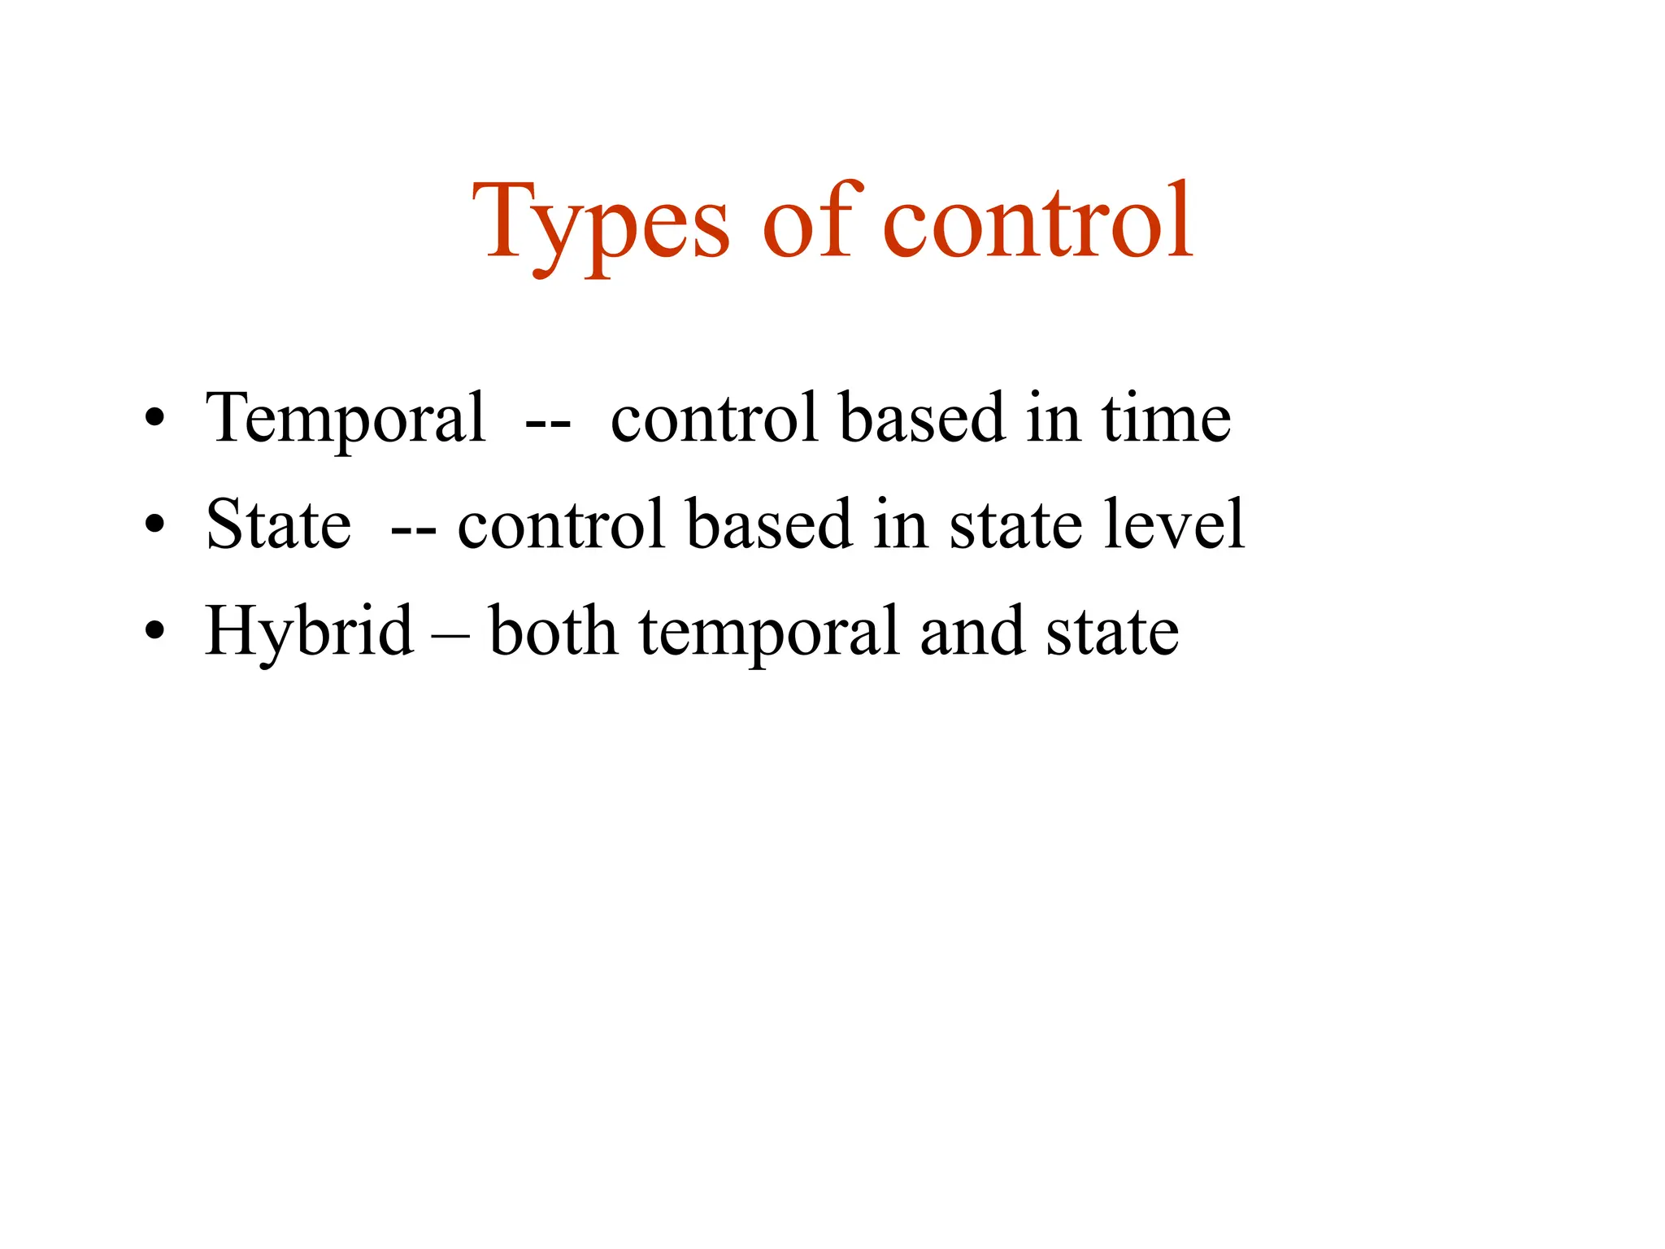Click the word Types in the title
coord(601,224)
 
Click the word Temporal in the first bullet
coord(346,420)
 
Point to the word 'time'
coord(1166,418)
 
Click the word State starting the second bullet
coord(278,524)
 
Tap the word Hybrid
coord(309,633)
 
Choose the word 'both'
coord(553,631)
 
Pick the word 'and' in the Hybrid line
coord(971,631)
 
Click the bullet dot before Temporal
coord(154,420)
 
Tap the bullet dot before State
coord(154,526)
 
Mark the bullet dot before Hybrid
coord(154,633)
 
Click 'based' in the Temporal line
coord(923,418)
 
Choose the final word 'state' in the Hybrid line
coord(1111,633)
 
